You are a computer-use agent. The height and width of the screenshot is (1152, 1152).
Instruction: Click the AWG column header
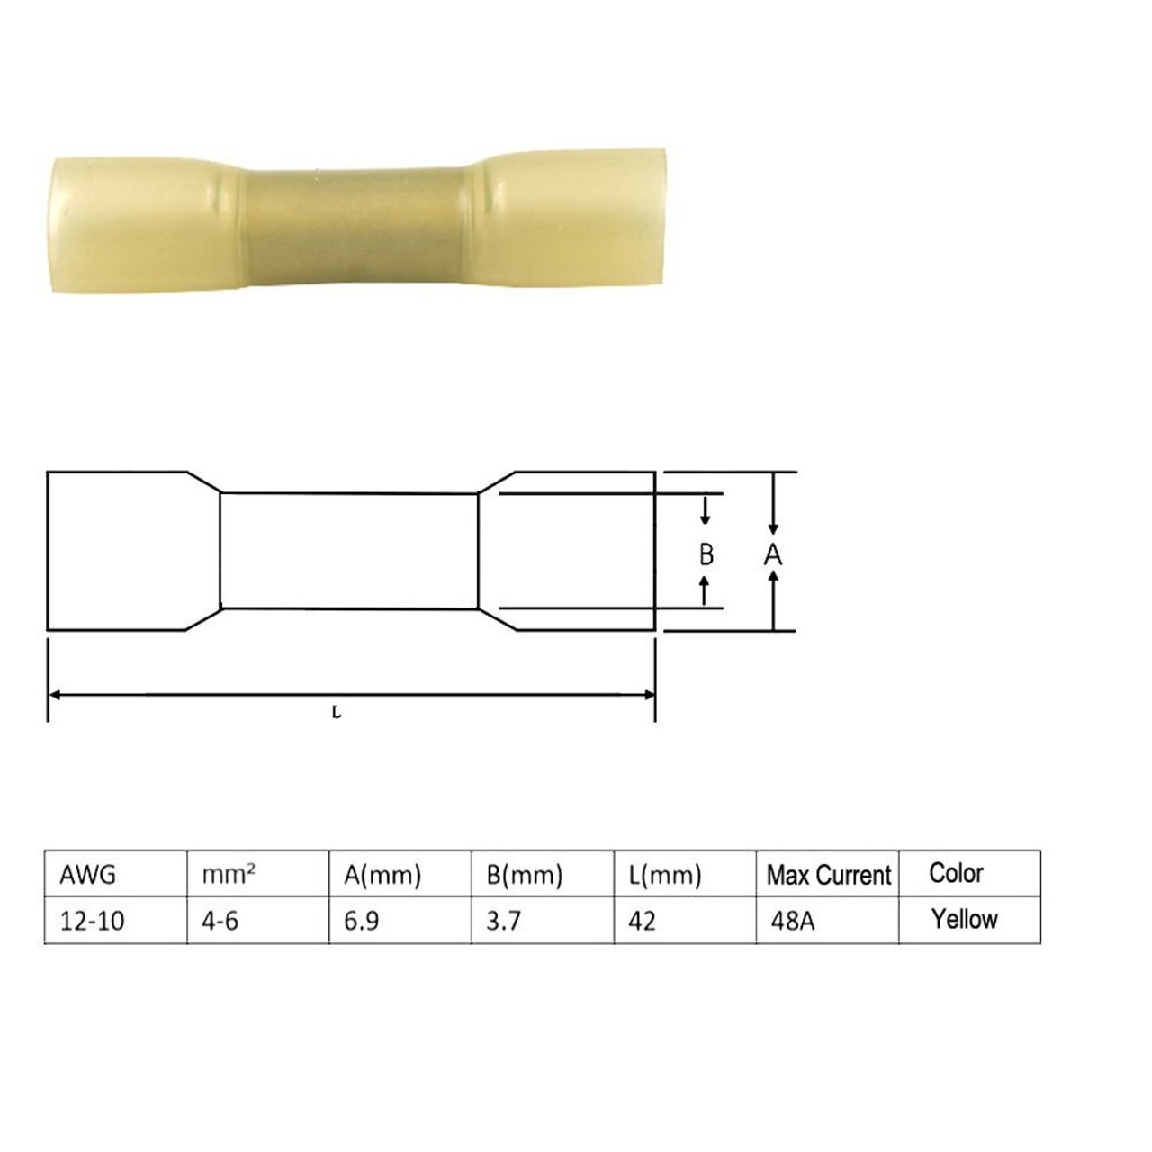click(88, 875)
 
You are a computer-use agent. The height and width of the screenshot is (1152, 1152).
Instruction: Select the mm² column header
click(229, 875)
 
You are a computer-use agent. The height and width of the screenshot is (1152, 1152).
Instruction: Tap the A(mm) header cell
click(382, 876)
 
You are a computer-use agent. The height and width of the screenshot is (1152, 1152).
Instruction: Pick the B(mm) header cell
click(525, 876)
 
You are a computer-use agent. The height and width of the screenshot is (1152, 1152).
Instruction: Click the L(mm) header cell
click(665, 876)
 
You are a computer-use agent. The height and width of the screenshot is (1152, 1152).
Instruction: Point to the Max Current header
click(829, 876)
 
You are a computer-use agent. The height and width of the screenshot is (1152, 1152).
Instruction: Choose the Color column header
click(956, 873)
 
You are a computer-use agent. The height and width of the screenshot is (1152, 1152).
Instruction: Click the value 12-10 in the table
click(93, 921)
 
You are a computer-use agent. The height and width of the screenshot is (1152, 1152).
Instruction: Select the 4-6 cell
click(220, 921)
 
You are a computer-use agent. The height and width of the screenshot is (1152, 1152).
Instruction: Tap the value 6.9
click(361, 921)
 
